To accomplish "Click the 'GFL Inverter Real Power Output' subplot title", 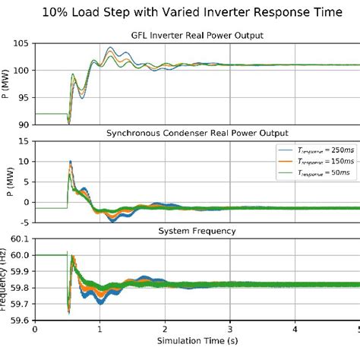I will [196, 35].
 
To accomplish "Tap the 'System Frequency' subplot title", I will [196, 231].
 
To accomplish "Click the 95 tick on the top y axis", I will [22, 97].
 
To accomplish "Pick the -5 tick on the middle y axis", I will [24, 222].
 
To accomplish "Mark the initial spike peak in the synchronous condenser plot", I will [71, 162].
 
